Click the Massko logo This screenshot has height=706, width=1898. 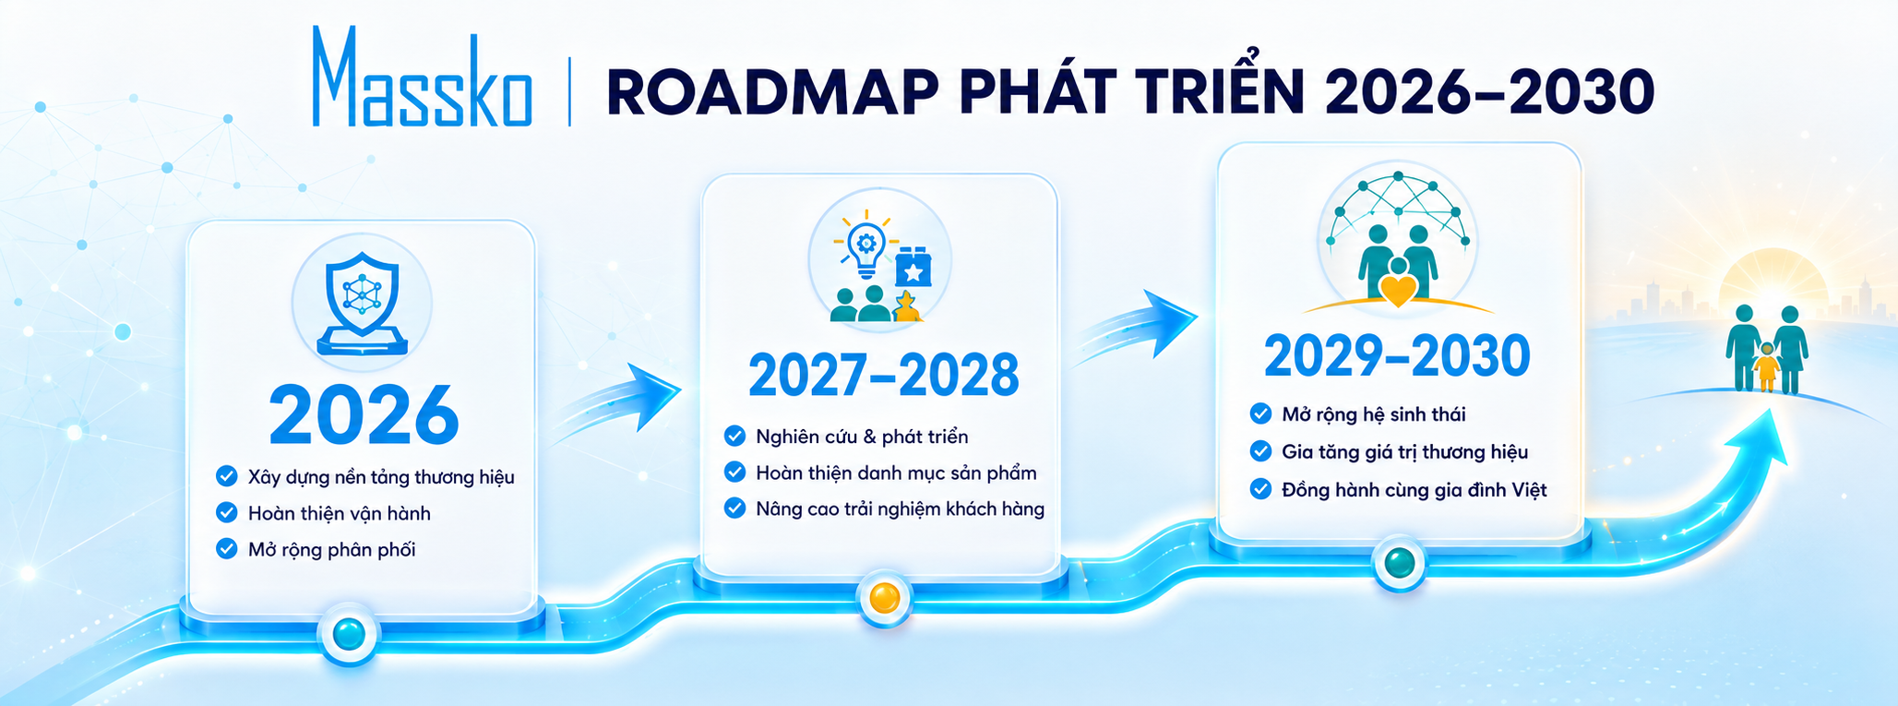pyautogui.click(x=422, y=78)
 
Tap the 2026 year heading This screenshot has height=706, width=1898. pyautogui.click(x=364, y=414)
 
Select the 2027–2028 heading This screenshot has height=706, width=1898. pyautogui.click(x=883, y=375)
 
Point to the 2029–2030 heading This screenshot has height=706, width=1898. pyautogui.click(x=1397, y=356)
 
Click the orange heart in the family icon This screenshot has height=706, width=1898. pyautogui.click(x=1398, y=290)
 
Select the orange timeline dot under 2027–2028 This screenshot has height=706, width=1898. pyautogui.click(x=884, y=598)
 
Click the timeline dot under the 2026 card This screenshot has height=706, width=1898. pyautogui.click(x=349, y=634)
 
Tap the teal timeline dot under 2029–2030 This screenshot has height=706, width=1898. pyautogui.click(x=1400, y=562)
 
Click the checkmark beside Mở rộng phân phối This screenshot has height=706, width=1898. pyautogui.click(x=226, y=549)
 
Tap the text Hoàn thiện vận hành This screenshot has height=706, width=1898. pyautogui.click(x=340, y=513)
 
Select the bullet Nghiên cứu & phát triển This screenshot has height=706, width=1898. pyautogui.click(x=846, y=437)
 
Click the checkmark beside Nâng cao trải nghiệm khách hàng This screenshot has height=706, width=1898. pyautogui.click(x=734, y=508)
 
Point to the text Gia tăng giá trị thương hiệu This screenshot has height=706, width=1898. pyautogui.click(x=1404, y=452)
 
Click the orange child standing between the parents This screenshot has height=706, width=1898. pyautogui.click(x=1766, y=366)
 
